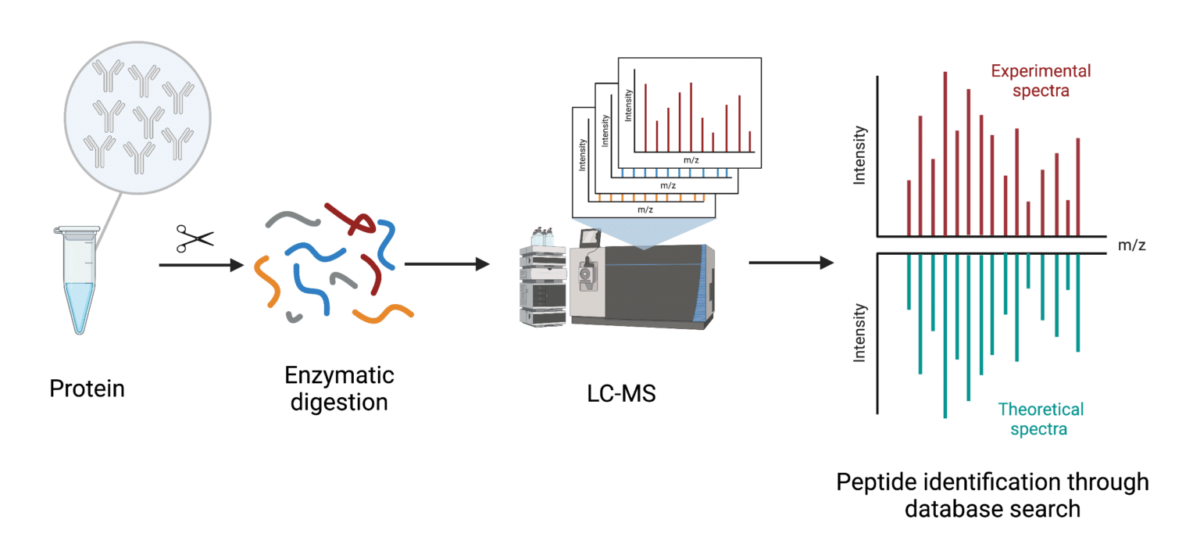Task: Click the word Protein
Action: (x=87, y=389)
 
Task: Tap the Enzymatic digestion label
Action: (x=339, y=389)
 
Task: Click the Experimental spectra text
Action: (x=1041, y=81)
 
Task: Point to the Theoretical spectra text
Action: (x=1040, y=419)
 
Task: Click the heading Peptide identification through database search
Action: (x=992, y=495)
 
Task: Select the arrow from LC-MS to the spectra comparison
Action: (x=790, y=263)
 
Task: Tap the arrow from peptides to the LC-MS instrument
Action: (x=446, y=263)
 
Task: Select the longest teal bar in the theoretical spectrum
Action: (x=945, y=336)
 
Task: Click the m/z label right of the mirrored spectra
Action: (x=1132, y=245)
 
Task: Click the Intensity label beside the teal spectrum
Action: (x=860, y=331)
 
